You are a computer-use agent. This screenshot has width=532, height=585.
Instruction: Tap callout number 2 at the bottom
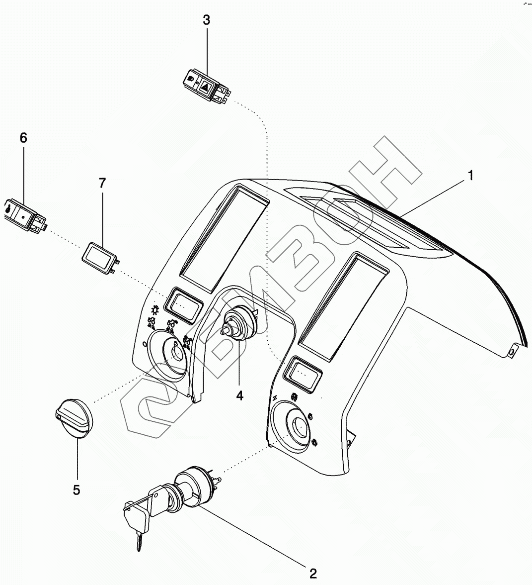click(313, 573)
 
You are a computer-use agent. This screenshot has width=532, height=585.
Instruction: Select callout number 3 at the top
click(207, 20)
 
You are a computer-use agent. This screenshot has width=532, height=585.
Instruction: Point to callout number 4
click(239, 395)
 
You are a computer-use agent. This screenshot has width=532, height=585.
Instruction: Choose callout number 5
click(76, 489)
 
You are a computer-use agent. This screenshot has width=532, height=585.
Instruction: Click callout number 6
click(23, 138)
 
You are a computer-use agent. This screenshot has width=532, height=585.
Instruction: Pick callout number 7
click(102, 183)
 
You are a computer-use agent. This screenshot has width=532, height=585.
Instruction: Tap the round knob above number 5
click(73, 419)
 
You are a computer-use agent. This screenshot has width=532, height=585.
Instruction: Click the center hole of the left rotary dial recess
click(176, 353)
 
